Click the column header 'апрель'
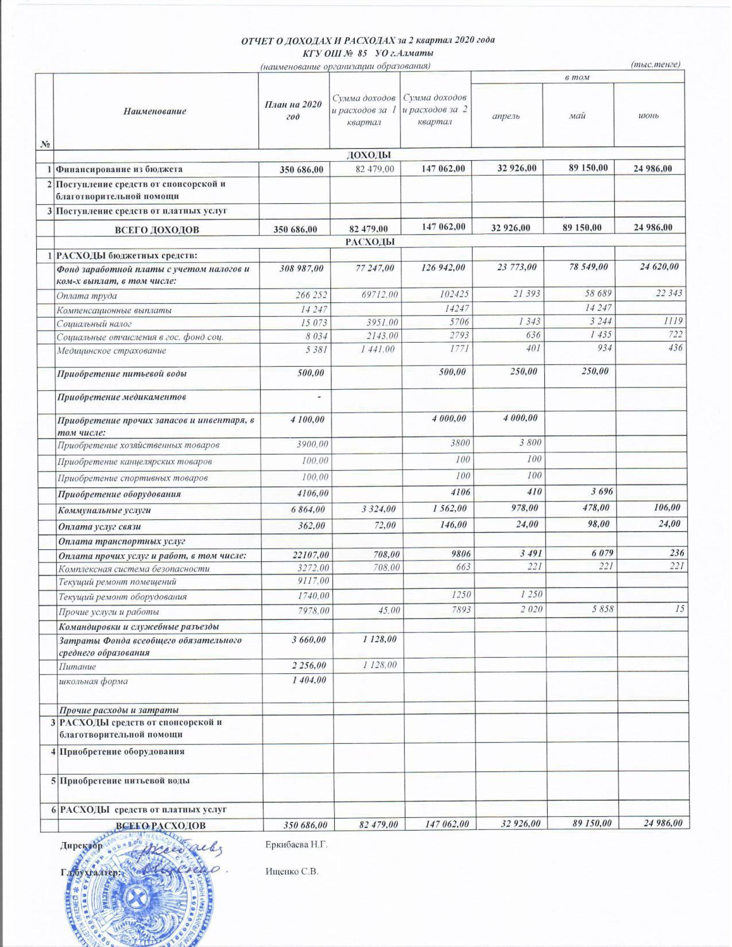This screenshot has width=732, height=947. click(x=506, y=116)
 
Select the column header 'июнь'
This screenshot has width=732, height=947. click(x=649, y=116)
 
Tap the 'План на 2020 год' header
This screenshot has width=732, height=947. click(x=293, y=110)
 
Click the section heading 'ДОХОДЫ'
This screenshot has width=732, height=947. click(x=369, y=155)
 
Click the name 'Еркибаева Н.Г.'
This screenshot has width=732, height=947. click(x=296, y=845)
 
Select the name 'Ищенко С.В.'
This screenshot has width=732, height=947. click(x=292, y=871)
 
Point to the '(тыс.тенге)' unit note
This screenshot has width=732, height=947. click(x=655, y=64)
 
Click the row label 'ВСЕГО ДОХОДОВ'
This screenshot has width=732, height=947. click(x=157, y=230)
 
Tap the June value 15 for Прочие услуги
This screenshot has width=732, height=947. click(x=679, y=609)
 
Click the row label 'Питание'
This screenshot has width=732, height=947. click(x=76, y=667)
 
